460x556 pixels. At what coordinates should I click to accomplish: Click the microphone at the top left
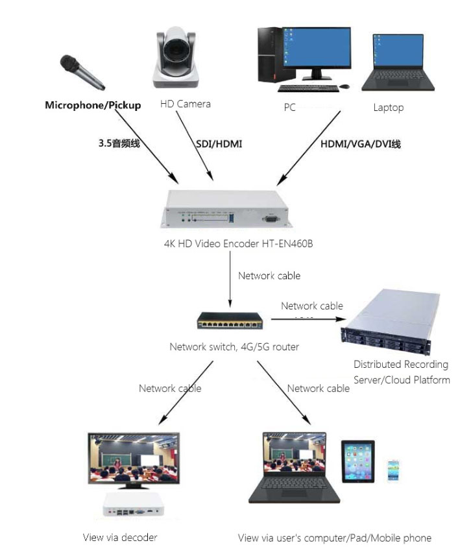coord(82,73)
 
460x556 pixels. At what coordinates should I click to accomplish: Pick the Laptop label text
coord(388,108)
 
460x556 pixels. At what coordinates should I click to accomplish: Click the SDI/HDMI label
coord(219,143)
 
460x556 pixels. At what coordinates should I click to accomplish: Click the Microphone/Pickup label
coord(93,105)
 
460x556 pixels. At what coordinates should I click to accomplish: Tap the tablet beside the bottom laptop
coord(358,462)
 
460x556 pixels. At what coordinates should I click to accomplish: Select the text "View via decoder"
coord(120,537)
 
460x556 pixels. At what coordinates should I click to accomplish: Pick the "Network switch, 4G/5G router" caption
coord(234,347)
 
